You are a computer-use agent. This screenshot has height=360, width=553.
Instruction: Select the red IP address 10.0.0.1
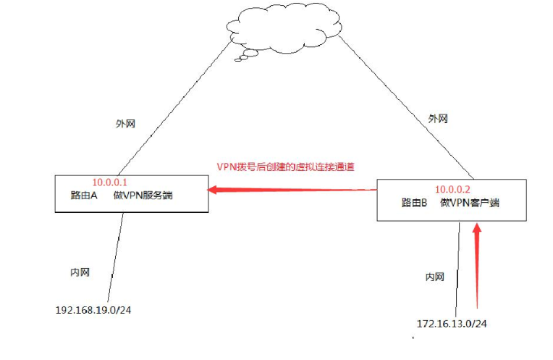[110, 183]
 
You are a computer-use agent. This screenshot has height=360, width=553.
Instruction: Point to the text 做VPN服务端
[143, 195]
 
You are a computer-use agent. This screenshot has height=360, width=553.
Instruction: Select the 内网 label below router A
[80, 272]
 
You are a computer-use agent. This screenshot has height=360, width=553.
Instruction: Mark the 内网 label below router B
[434, 277]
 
